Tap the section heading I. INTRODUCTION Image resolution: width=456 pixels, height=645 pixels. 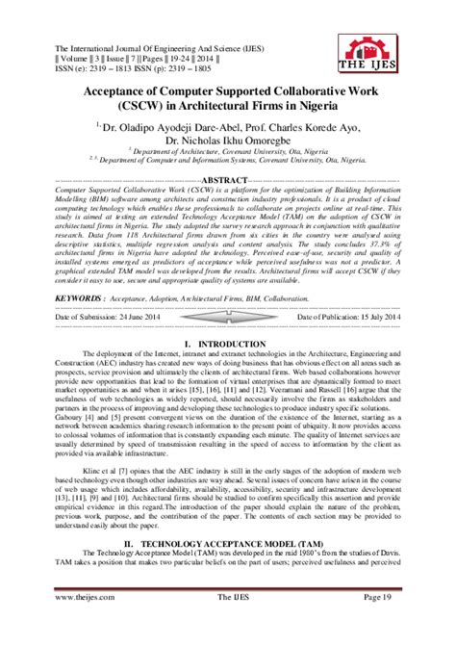tap(228, 316)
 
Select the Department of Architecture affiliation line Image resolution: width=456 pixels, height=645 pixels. tap(228, 152)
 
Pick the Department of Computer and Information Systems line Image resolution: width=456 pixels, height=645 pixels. tap(228, 163)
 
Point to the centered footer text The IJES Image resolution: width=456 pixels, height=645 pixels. tap(228, 624)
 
